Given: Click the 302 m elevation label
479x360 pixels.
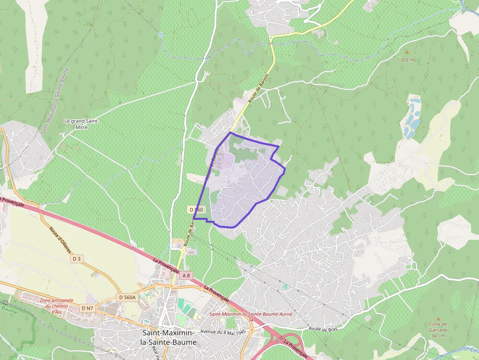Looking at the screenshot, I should pyautogui.click(x=407, y=60).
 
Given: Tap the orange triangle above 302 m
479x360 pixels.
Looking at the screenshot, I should pyautogui.click(x=407, y=52).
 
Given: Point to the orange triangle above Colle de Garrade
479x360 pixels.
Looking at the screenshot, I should pyautogui.click(x=438, y=318).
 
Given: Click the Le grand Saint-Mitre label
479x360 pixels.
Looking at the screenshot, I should pyautogui.click(x=82, y=124).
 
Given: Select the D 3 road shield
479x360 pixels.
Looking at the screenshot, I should pyautogui.click(x=76, y=258).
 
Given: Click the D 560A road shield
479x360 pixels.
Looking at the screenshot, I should pyautogui.click(x=127, y=297).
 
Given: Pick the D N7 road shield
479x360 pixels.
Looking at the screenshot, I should pyautogui.click(x=87, y=308).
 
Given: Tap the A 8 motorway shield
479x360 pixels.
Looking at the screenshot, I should pyautogui.click(x=186, y=275).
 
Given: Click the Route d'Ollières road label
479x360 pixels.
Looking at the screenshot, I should pyautogui.click(x=61, y=239).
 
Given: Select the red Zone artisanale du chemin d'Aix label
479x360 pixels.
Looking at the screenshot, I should pyautogui.click(x=57, y=306).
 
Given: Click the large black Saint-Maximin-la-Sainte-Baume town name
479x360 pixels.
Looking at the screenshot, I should pyautogui.click(x=168, y=337).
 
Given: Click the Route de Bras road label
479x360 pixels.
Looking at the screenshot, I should pyautogui.click(x=323, y=329).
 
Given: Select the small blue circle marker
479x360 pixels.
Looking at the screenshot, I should pyautogui.click(x=160, y=35).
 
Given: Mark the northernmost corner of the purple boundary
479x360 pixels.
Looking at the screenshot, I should pyautogui.click(x=230, y=132).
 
